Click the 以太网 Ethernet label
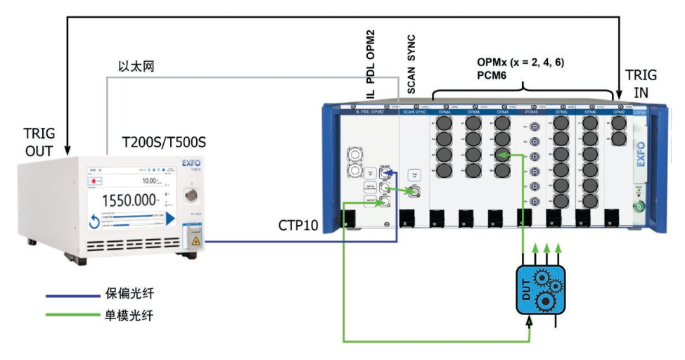point(136,66)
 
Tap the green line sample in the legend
point(68,316)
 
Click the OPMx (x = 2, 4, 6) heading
point(520,61)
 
